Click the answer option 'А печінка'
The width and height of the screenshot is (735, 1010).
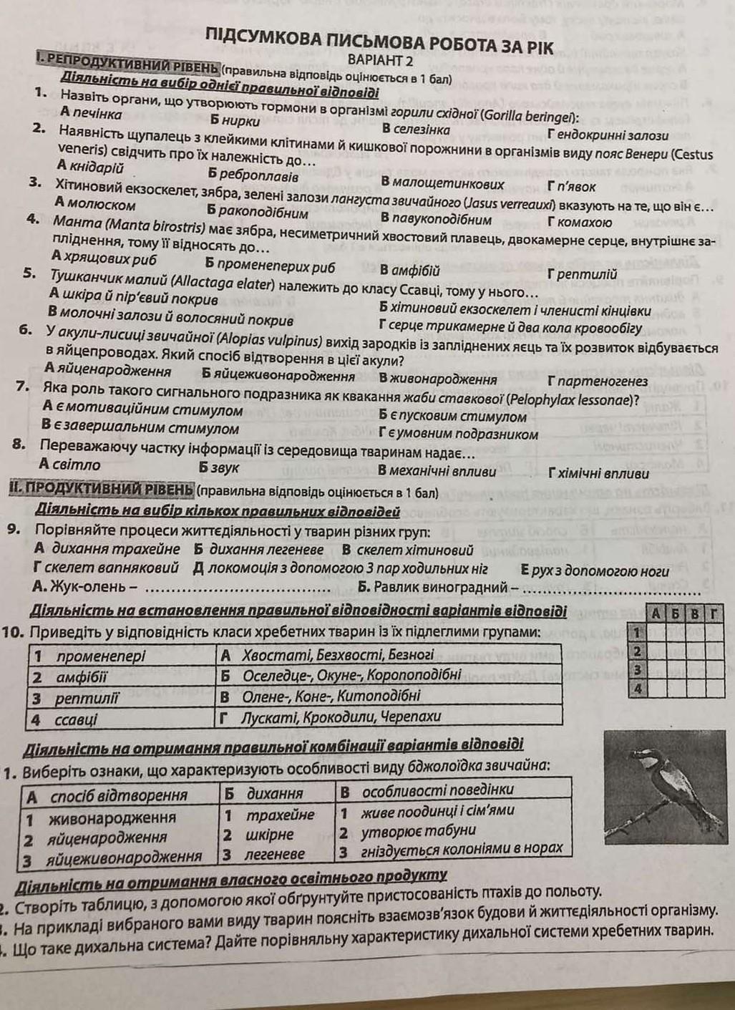91,113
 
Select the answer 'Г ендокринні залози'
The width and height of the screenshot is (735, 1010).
608,134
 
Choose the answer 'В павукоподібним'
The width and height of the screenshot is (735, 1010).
436,219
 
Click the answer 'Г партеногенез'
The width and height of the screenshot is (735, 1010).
597,381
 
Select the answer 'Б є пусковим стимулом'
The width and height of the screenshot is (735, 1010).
452,416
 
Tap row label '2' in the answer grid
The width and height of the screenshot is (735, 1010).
636,651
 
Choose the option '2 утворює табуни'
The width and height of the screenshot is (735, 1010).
408,831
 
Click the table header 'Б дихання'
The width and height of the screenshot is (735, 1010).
264,793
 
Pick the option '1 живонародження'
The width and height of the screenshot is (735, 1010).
100,817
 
